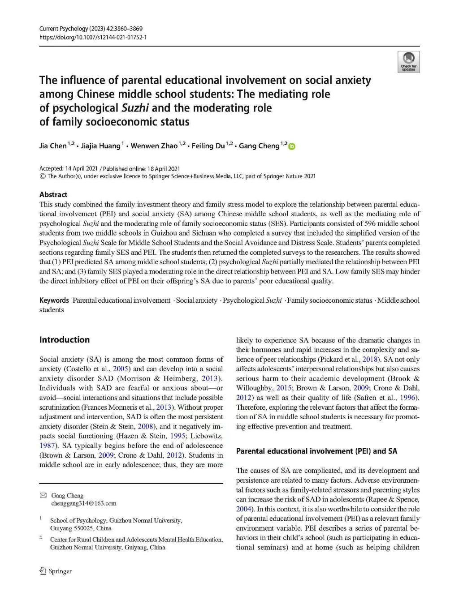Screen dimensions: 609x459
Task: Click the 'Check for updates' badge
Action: click(x=408, y=61)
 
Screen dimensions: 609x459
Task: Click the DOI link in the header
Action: click(x=93, y=37)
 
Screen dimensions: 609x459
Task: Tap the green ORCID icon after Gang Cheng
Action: click(x=292, y=146)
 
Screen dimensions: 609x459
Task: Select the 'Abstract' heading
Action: click(x=53, y=194)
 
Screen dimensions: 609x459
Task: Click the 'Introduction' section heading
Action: click(x=65, y=339)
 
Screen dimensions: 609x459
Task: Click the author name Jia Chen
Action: click(x=53, y=146)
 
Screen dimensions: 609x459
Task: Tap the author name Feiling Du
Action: click(x=208, y=146)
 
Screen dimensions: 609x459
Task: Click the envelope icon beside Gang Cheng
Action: click(x=43, y=495)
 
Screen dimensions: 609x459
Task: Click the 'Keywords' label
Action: click(x=54, y=300)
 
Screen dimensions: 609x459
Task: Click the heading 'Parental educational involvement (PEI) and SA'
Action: click(x=316, y=451)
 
